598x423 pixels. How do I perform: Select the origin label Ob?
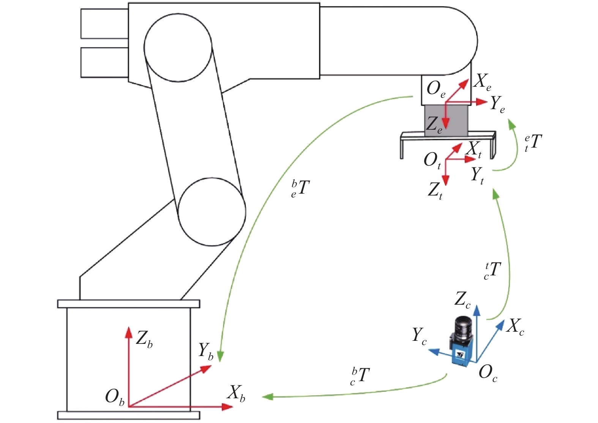click(115, 398)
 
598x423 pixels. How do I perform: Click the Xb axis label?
click(236, 393)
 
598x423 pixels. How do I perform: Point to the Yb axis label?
click(206, 351)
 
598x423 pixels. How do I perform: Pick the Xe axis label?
click(483, 82)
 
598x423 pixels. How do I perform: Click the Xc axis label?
click(515, 327)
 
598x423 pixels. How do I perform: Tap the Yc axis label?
click(420, 336)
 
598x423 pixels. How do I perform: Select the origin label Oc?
click(488, 374)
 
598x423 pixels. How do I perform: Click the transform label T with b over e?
click(300, 189)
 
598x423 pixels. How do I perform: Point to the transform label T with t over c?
click(492, 271)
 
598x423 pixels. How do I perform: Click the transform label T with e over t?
click(533, 143)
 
